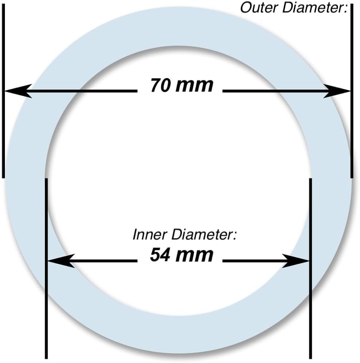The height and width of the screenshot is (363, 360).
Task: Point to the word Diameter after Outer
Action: (313, 7)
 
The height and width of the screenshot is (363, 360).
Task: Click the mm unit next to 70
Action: (196, 85)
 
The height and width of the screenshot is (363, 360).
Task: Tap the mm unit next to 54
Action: (195, 255)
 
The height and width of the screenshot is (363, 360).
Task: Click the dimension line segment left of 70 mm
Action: (82, 91)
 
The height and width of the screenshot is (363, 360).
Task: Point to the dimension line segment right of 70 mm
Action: (274, 91)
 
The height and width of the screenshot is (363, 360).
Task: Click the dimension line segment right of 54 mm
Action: (254, 261)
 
